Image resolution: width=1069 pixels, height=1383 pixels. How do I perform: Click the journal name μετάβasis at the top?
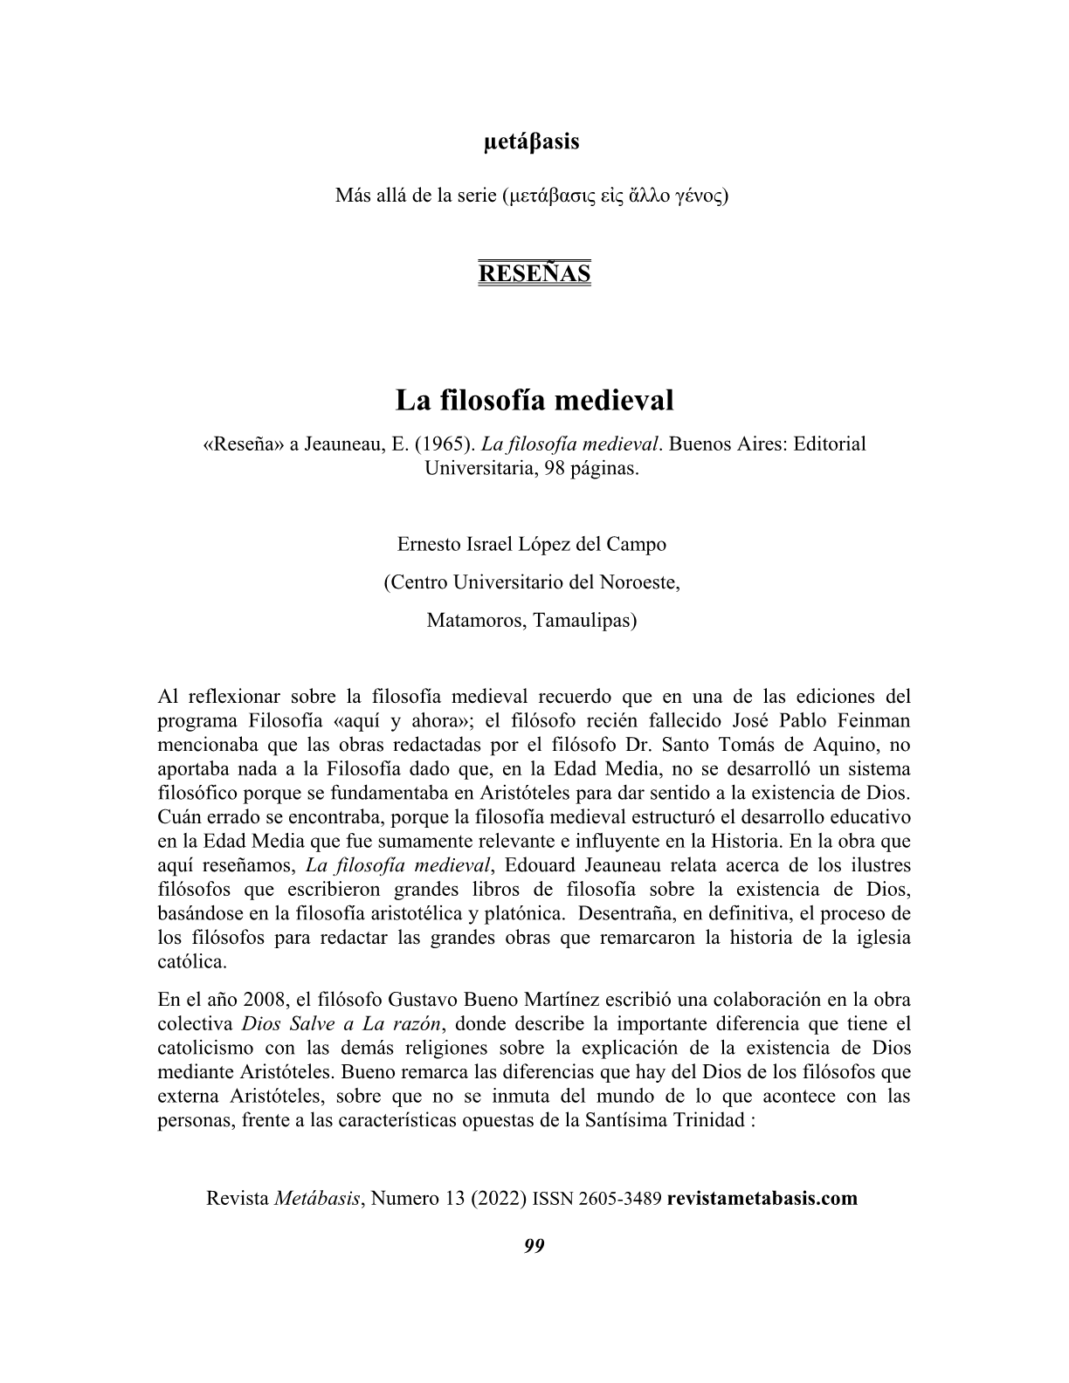coord(531,141)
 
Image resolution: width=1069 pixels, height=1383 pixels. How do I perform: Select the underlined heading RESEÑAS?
coord(534,273)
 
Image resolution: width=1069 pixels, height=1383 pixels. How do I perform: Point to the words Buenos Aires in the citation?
coord(727,444)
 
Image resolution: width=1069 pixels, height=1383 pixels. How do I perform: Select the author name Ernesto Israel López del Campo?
coord(531,544)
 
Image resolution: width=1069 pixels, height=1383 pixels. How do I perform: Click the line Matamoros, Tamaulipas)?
coord(531,621)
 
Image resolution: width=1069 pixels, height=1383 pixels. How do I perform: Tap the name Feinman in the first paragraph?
coord(872,721)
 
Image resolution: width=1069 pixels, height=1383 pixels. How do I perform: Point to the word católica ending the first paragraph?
coord(192,962)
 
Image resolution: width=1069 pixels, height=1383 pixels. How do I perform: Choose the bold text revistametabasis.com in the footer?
coord(762,1198)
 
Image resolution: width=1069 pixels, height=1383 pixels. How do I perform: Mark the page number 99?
coord(534,1246)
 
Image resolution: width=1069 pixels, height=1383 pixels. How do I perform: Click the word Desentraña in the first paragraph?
coord(619,914)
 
